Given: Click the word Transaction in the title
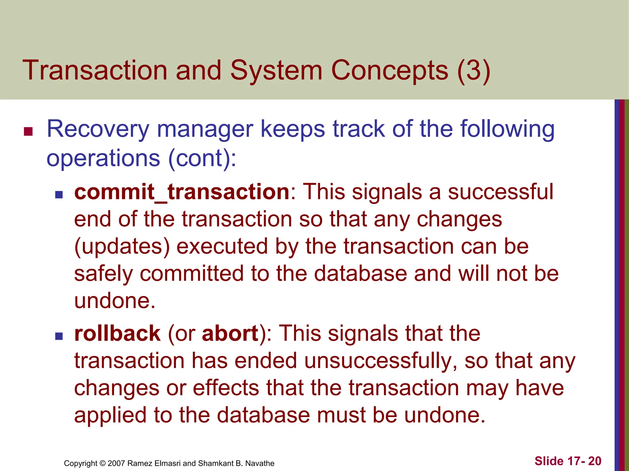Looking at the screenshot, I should [95, 71].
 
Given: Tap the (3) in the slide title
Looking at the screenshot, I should [473, 71].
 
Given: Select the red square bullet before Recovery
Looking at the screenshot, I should [28, 132].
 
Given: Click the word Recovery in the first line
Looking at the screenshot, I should [98, 129].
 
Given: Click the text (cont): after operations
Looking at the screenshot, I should [202, 159].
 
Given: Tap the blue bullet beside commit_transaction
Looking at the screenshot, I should [59, 195].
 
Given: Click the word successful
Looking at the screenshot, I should [500, 192].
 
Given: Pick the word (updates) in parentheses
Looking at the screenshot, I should [122, 247].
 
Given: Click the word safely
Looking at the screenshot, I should [104, 274].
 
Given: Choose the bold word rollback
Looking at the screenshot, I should [117, 334].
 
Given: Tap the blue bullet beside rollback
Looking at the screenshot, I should [59, 336].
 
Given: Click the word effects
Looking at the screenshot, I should [226, 388].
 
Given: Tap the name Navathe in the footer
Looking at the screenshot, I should [260, 463].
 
